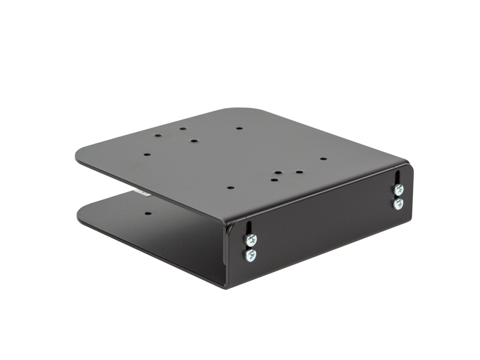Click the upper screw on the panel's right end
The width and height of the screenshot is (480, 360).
pyautogui.click(x=398, y=190)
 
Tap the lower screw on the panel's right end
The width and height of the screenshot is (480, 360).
pyautogui.click(x=398, y=203)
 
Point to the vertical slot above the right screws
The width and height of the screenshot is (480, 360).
pyautogui.click(x=397, y=178)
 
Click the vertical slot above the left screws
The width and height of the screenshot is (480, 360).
pyautogui.click(x=248, y=229)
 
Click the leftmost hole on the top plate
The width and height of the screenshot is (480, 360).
pyautogui.click(x=146, y=154)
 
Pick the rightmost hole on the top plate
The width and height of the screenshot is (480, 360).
pyautogui.click(x=323, y=159)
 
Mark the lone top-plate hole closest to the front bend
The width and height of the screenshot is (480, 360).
pyautogui.click(x=230, y=187)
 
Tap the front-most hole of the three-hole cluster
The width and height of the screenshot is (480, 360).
pyautogui.click(x=274, y=179)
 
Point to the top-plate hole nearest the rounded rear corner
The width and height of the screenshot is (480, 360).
pyautogui.click(x=239, y=128)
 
